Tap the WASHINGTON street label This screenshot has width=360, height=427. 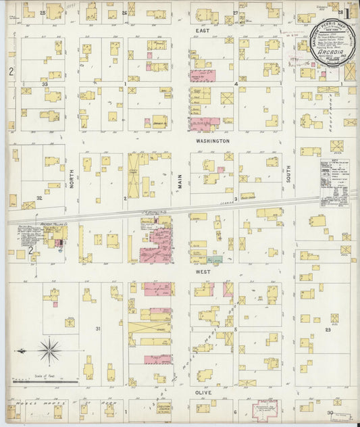213,141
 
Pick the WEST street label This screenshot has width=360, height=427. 203,272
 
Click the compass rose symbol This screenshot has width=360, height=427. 49,351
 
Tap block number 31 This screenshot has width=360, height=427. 98,329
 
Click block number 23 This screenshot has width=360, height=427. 328,329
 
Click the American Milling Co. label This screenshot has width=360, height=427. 51,226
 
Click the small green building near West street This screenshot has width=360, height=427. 216,259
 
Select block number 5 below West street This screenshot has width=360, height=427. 235,329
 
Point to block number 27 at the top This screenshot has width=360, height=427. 235,13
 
